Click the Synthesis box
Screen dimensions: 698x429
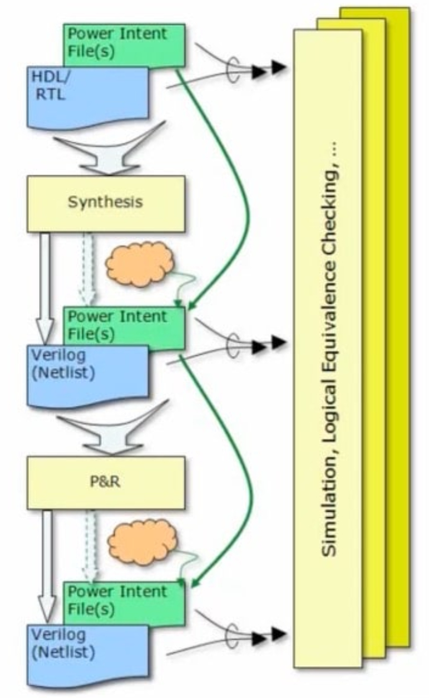tap(105, 203)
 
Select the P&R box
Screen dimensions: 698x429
tap(105, 482)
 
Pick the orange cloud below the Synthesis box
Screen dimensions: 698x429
tap(139, 264)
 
